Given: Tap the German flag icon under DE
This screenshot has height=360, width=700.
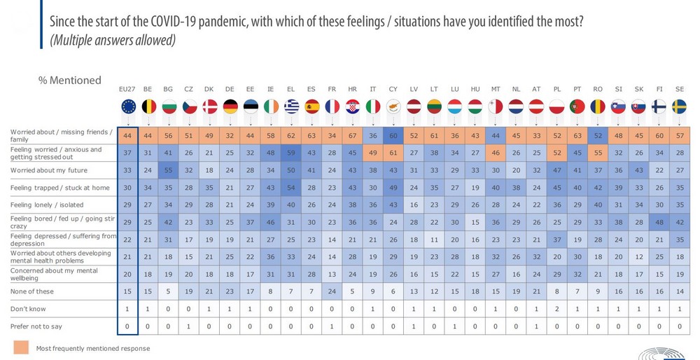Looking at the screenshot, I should (x=230, y=106).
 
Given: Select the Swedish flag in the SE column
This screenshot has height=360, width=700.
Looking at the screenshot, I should (x=679, y=106).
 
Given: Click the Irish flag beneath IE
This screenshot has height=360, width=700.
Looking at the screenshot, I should (x=271, y=106).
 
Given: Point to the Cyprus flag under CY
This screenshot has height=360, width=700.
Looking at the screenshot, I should (x=393, y=106).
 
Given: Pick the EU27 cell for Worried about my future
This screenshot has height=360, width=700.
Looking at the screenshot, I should (x=128, y=169).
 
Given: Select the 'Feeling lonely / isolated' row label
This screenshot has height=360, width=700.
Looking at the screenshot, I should (x=47, y=205).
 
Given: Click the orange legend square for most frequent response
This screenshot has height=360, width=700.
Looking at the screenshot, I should (x=21, y=347).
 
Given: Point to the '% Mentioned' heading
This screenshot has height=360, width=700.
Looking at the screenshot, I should (x=69, y=80).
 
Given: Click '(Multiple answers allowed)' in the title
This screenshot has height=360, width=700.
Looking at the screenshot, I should (x=112, y=41).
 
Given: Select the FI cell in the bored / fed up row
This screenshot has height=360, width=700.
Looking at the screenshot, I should (x=659, y=221).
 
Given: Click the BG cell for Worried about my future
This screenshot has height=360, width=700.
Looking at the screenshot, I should (x=169, y=169).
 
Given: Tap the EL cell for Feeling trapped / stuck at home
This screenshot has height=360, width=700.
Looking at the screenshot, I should (x=291, y=187).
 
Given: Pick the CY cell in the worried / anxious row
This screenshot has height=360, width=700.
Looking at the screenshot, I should (x=393, y=153).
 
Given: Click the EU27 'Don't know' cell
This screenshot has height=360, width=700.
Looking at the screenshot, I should (x=128, y=307).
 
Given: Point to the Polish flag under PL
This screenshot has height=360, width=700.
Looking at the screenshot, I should (x=557, y=106).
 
